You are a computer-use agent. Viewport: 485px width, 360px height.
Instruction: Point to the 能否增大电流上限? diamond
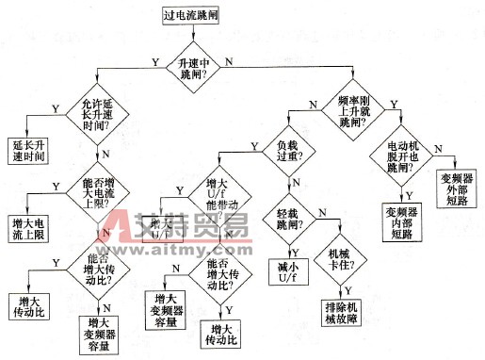[85, 187]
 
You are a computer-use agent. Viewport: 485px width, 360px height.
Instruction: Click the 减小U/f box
[292, 271]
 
